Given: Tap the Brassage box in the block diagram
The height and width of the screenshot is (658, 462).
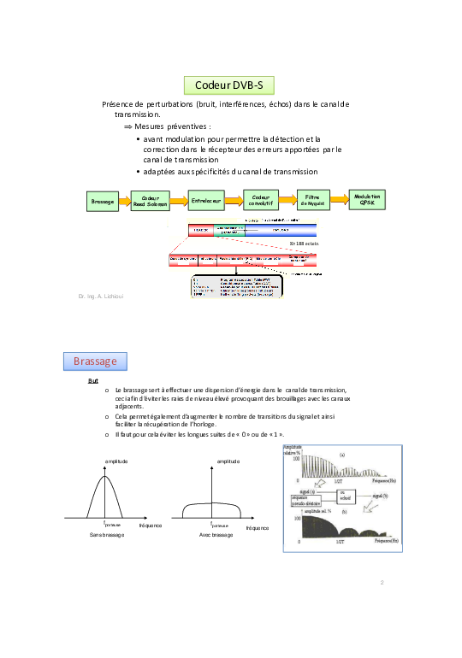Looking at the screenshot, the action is [x=103, y=202].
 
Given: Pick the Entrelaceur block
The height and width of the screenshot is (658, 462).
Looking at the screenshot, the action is [x=206, y=201].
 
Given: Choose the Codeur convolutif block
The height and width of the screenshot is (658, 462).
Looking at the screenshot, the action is [x=260, y=200].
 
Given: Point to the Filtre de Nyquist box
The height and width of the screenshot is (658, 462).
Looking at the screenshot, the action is [x=311, y=200].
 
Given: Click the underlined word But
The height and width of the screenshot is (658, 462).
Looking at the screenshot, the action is [x=92, y=381].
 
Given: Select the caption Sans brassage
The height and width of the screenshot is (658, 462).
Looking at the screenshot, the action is [x=107, y=534].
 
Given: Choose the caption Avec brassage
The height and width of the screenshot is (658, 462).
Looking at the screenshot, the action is [x=216, y=534].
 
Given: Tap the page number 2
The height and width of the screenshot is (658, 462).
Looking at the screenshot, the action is [x=382, y=583].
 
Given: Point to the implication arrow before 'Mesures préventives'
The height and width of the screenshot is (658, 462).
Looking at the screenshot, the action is [x=128, y=126].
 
